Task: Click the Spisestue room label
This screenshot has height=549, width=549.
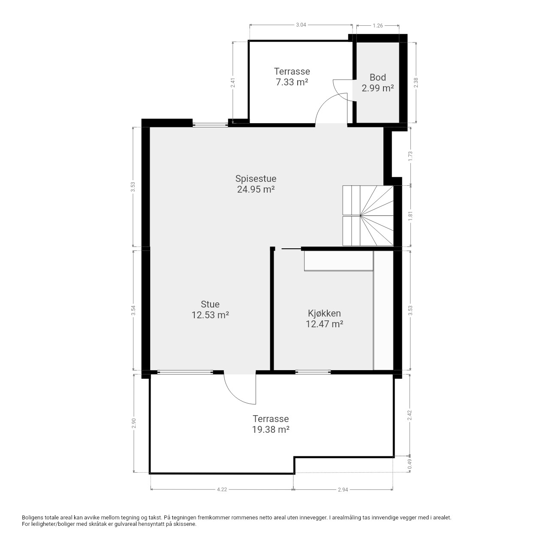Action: [x=256, y=178]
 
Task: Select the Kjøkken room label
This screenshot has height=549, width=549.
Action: [x=324, y=314]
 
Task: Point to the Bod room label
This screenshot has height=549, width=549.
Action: [x=377, y=77]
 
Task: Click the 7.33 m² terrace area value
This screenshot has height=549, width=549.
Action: [x=292, y=82]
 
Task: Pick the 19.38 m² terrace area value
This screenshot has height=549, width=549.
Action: [x=271, y=429]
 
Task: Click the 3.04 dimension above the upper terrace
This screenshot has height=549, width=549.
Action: [x=301, y=25]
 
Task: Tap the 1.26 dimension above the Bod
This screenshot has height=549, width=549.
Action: [x=377, y=26]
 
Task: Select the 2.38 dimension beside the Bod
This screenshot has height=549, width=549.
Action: [x=416, y=83]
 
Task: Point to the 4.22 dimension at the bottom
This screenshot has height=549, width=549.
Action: [x=222, y=489]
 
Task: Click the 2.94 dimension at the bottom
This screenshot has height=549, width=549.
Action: [x=343, y=489]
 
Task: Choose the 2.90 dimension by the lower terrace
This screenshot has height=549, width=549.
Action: [x=134, y=423]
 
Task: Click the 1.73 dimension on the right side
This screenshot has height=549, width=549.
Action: [x=410, y=156]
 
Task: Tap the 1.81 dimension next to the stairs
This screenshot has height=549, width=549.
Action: [x=410, y=216]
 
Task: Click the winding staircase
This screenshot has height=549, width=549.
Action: [x=368, y=216]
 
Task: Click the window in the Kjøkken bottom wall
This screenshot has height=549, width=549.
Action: [x=313, y=372]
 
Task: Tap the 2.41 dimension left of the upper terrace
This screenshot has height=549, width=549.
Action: [x=233, y=83]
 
